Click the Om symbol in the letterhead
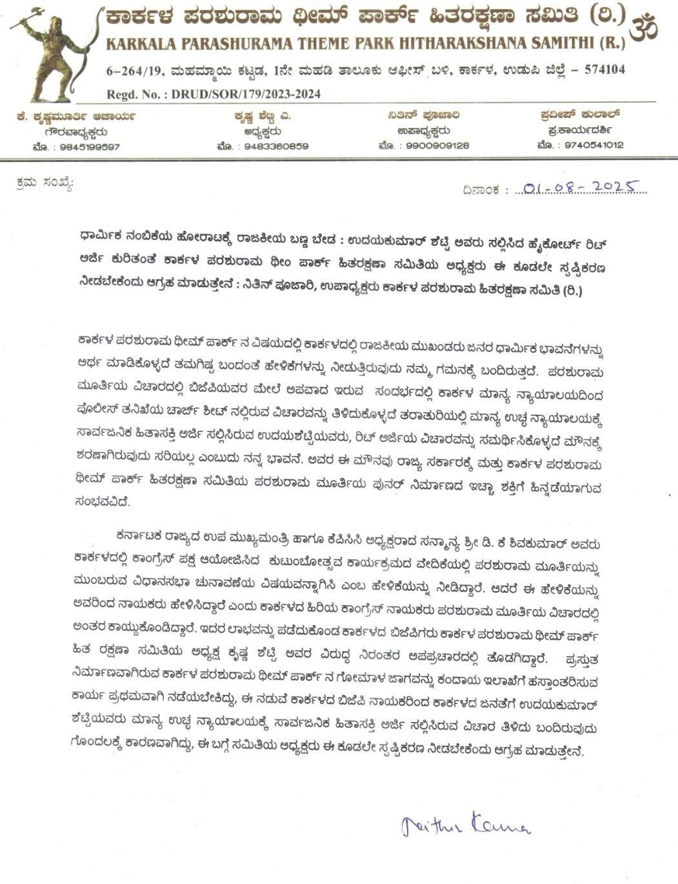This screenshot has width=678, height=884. (x=644, y=28)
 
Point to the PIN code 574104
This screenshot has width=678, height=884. (x=604, y=70)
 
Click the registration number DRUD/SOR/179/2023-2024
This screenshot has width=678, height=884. (x=246, y=94)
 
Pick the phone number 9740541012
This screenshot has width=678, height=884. (x=593, y=145)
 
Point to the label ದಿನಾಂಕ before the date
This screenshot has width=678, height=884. (x=481, y=190)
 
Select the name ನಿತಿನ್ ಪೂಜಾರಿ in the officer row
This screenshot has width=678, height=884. (x=424, y=116)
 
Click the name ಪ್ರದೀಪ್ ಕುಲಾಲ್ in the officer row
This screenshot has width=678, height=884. (x=581, y=114)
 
